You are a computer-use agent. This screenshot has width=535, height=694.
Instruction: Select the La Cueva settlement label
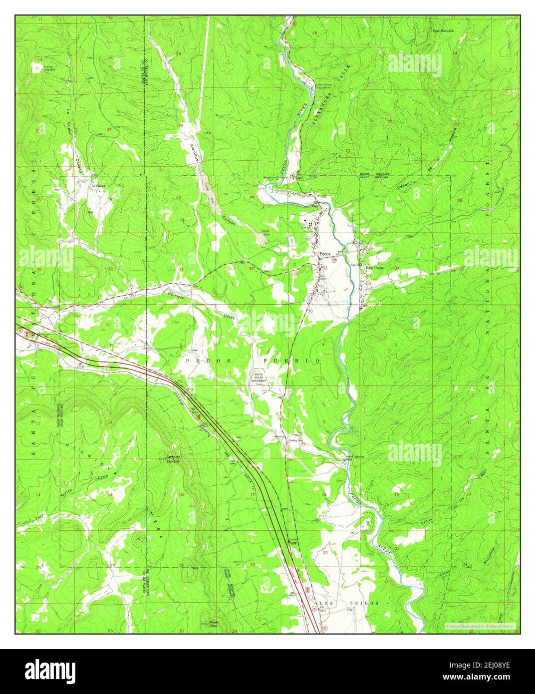tap(99, 185)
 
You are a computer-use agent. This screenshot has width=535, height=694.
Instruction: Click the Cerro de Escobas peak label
tap(177, 461)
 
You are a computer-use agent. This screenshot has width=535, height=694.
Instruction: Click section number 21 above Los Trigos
tap(325, 553)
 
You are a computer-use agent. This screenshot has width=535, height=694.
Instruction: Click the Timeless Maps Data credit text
tap(479, 625)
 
